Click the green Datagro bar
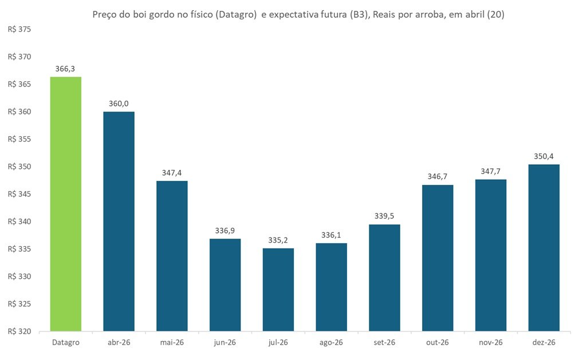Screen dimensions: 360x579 tap(66, 204)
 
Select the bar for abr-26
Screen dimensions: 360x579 tap(119, 221)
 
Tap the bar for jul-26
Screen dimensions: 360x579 tap(278, 290)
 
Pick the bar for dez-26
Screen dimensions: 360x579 tap(543, 248)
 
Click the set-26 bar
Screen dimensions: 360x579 tap(384, 278)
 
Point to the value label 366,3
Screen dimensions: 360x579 tap(66, 69)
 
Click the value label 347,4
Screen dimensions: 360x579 tap(172, 172)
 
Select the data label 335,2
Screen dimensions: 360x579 tap(278, 240)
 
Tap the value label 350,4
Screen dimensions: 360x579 tap(543, 156)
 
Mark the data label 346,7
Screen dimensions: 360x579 tap(438, 176)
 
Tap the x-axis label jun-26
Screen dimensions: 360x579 tap(225, 342)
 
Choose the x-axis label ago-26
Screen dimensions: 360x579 tap(331, 342)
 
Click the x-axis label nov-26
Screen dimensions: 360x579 tap(491, 342)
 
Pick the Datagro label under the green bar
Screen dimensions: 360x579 tap(66, 342)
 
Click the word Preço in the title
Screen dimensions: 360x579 tap(105, 15)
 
